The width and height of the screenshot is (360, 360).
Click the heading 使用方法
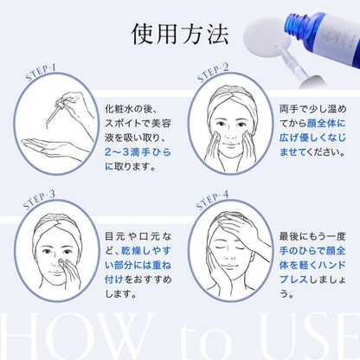(x=180, y=34)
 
